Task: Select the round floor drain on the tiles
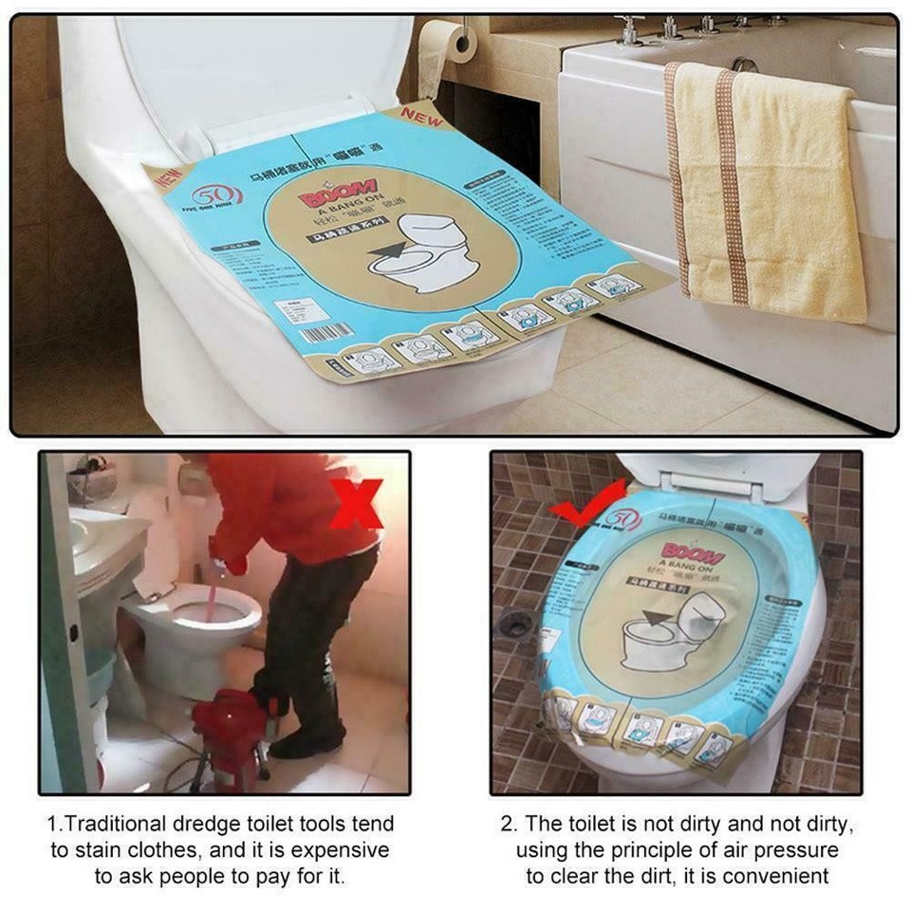coord(515,623)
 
